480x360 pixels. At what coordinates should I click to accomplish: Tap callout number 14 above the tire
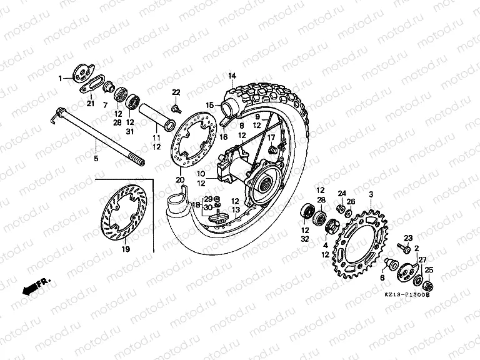coord(231,76)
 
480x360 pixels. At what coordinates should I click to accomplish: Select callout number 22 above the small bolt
coord(176,92)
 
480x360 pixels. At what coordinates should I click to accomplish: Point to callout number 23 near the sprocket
coord(408,237)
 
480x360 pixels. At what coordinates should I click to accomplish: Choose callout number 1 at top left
coord(61,79)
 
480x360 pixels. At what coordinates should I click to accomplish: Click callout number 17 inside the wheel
coord(271,137)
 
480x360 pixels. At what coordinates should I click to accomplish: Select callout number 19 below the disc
coord(124,249)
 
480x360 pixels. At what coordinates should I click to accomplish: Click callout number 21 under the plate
coord(90,104)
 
